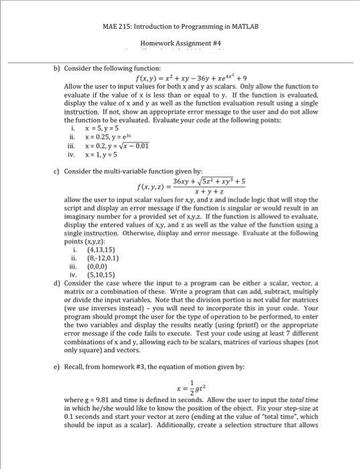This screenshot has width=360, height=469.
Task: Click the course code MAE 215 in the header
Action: pyautogui.click(x=117, y=25)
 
